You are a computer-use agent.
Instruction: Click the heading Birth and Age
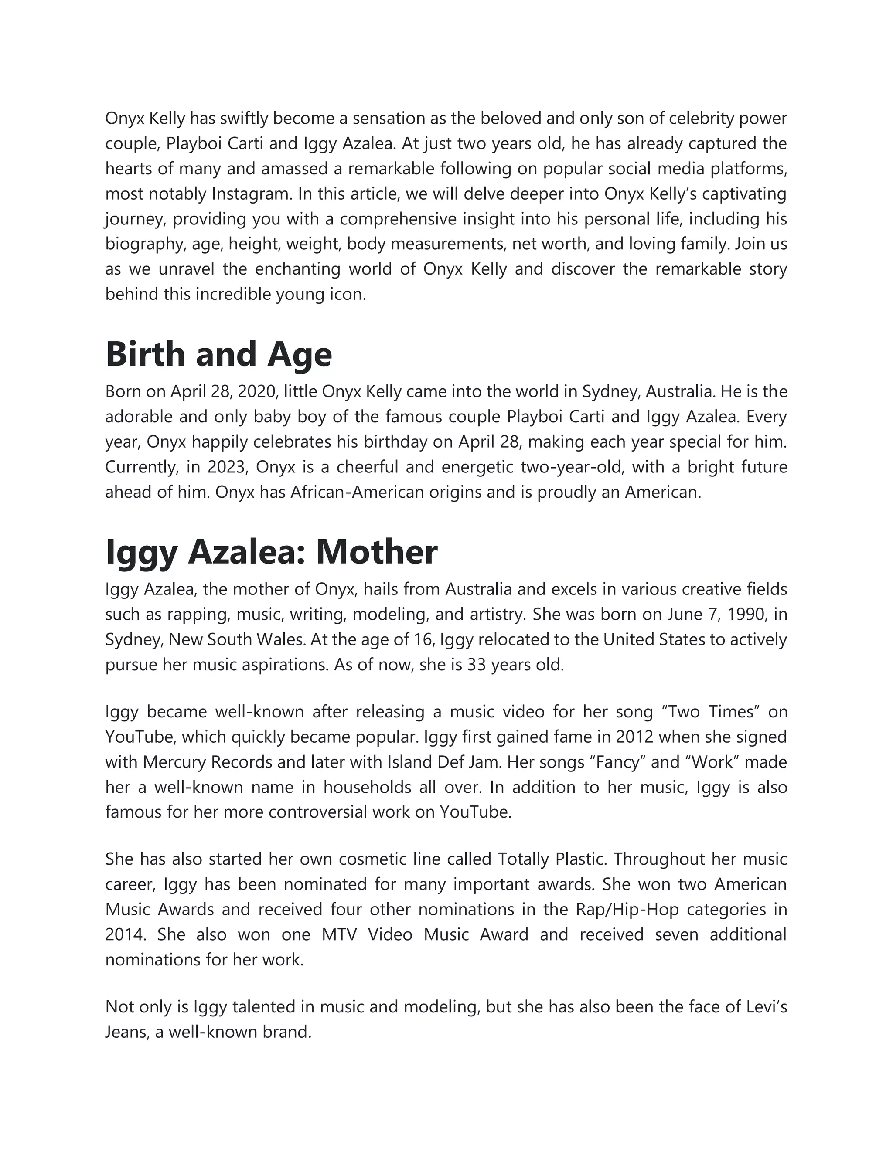(x=218, y=354)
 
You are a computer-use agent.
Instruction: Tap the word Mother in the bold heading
(x=376, y=552)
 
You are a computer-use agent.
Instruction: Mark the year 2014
(x=125, y=934)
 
